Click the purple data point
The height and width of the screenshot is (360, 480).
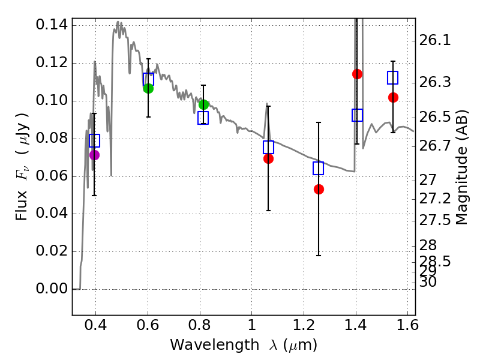click(x=94, y=155)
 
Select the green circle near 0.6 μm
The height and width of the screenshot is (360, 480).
click(x=148, y=88)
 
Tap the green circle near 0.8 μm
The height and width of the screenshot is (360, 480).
click(x=203, y=104)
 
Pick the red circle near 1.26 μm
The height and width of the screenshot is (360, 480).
click(x=319, y=189)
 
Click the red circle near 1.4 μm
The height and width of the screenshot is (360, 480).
click(x=357, y=74)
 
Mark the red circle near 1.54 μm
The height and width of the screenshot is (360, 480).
click(x=393, y=97)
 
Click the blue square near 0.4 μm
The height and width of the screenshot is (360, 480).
click(x=94, y=140)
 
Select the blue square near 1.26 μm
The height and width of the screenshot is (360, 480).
click(x=319, y=168)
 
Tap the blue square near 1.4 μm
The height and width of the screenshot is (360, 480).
click(x=357, y=115)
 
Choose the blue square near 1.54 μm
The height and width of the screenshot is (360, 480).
click(x=393, y=77)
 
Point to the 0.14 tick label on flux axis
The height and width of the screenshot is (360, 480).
click(x=52, y=25)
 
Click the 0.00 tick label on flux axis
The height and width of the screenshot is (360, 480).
click(x=52, y=289)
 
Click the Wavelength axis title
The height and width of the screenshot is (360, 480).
click(x=244, y=345)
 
